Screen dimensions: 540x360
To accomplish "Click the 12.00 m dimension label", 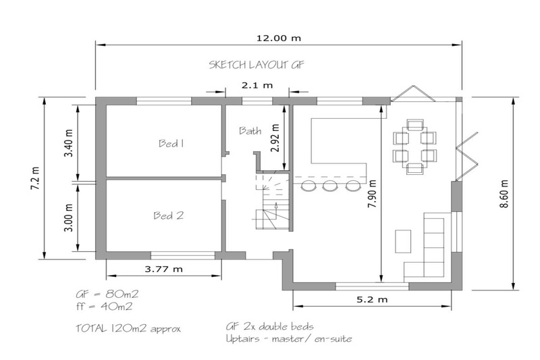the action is (x=279, y=38).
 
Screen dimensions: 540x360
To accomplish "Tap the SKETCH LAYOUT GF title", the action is (x=256, y=65).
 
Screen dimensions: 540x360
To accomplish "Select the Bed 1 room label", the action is (x=171, y=143).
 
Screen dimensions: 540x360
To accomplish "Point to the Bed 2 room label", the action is (x=168, y=215).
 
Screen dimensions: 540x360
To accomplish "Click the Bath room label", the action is (x=250, y=130).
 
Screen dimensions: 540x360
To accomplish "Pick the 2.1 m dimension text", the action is (x=257, y=85).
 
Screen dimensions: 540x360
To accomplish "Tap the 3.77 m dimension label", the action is (x=163, y=269).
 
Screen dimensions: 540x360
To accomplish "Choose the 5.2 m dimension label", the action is (x=372, y=299).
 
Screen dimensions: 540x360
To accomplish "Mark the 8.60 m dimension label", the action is (x=504, y=194).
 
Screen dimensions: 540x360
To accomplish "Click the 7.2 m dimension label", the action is (x=35, y=178).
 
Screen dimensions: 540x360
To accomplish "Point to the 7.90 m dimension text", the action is (x=373, y=194).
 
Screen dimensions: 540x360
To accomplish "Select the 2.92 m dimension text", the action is (x=275, y=138).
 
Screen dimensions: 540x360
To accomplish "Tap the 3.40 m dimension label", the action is (x=69, y=143).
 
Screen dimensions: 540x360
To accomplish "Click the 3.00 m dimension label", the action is (x=69, y=217).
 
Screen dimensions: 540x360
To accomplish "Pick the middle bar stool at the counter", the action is (x=329, y=186).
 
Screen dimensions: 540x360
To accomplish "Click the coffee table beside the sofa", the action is (x=403, y=241).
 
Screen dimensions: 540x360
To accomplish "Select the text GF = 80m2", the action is (x=107, y=294).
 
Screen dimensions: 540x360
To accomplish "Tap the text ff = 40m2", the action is (x=105, y=306).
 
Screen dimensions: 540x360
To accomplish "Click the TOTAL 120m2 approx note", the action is (x=128, y=328).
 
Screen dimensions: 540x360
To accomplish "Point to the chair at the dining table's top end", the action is (x=415, y=124).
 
